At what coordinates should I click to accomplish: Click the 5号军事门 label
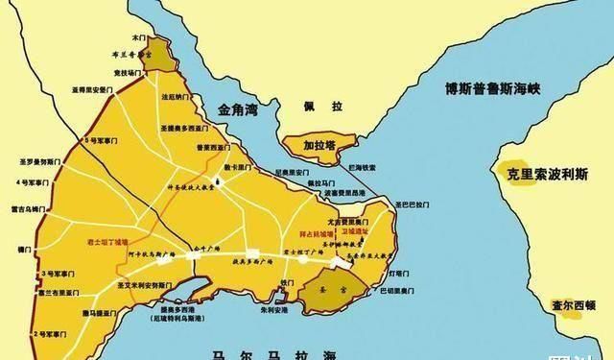102,141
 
